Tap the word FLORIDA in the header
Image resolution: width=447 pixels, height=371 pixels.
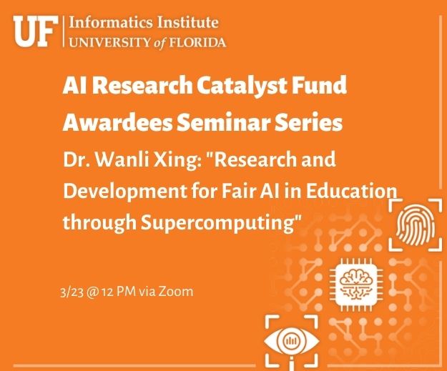(x=197, y=43)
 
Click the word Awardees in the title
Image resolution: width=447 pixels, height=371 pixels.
(x=117, y=122)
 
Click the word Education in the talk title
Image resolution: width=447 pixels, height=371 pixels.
(x=351, y=191)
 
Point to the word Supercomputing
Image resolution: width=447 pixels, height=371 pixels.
(x=217, y=223)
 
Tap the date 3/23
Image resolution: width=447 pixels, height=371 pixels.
(x=72, y=292)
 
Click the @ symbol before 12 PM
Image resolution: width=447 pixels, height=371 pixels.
(x=92, y=292)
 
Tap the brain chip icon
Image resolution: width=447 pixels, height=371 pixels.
(x=356, y=285)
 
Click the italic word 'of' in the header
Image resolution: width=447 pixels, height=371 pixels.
(x=159, y=43)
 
